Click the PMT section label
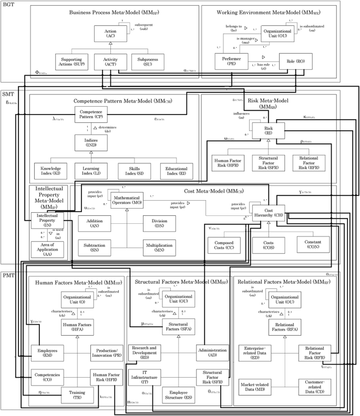(x=9, y=275)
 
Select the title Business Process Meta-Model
(x=107, y=12)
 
